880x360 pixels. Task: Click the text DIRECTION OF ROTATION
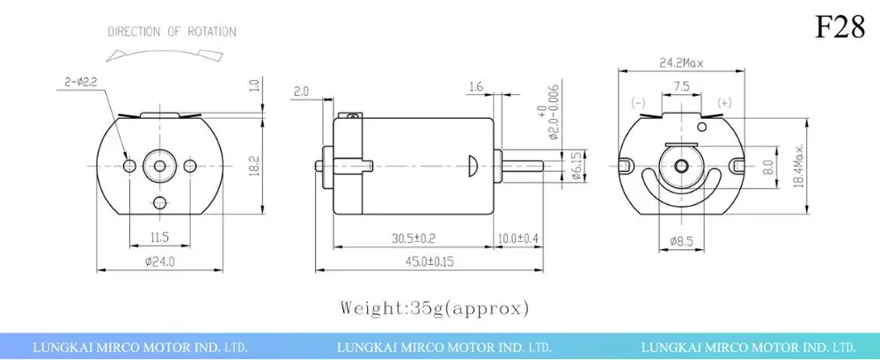point(172,32)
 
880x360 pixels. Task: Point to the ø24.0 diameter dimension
point(159,261)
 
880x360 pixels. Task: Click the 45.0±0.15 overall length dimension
point(429,261)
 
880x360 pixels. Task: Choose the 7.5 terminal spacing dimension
point(681,87)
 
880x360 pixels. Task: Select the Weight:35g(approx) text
point(435,308)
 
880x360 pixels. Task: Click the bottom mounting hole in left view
point(159,203)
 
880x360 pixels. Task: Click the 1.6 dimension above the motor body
point(476,86)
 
